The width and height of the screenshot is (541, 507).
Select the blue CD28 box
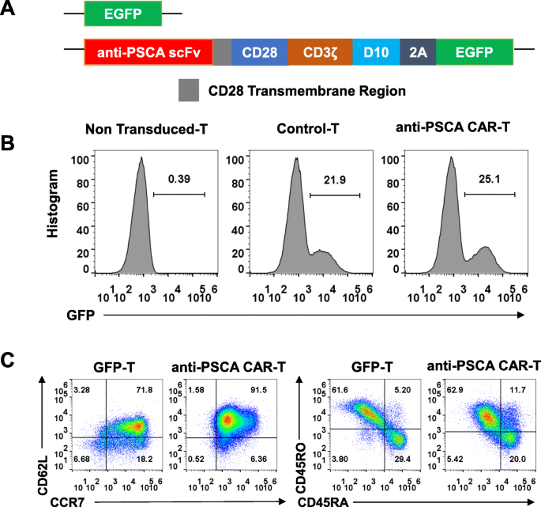tap(260, 53)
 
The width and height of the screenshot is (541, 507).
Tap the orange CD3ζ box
tap(320, 53)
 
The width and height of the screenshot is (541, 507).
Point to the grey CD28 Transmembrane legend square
tap(189, 90)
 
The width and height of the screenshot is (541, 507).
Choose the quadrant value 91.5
tap(261, 390)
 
